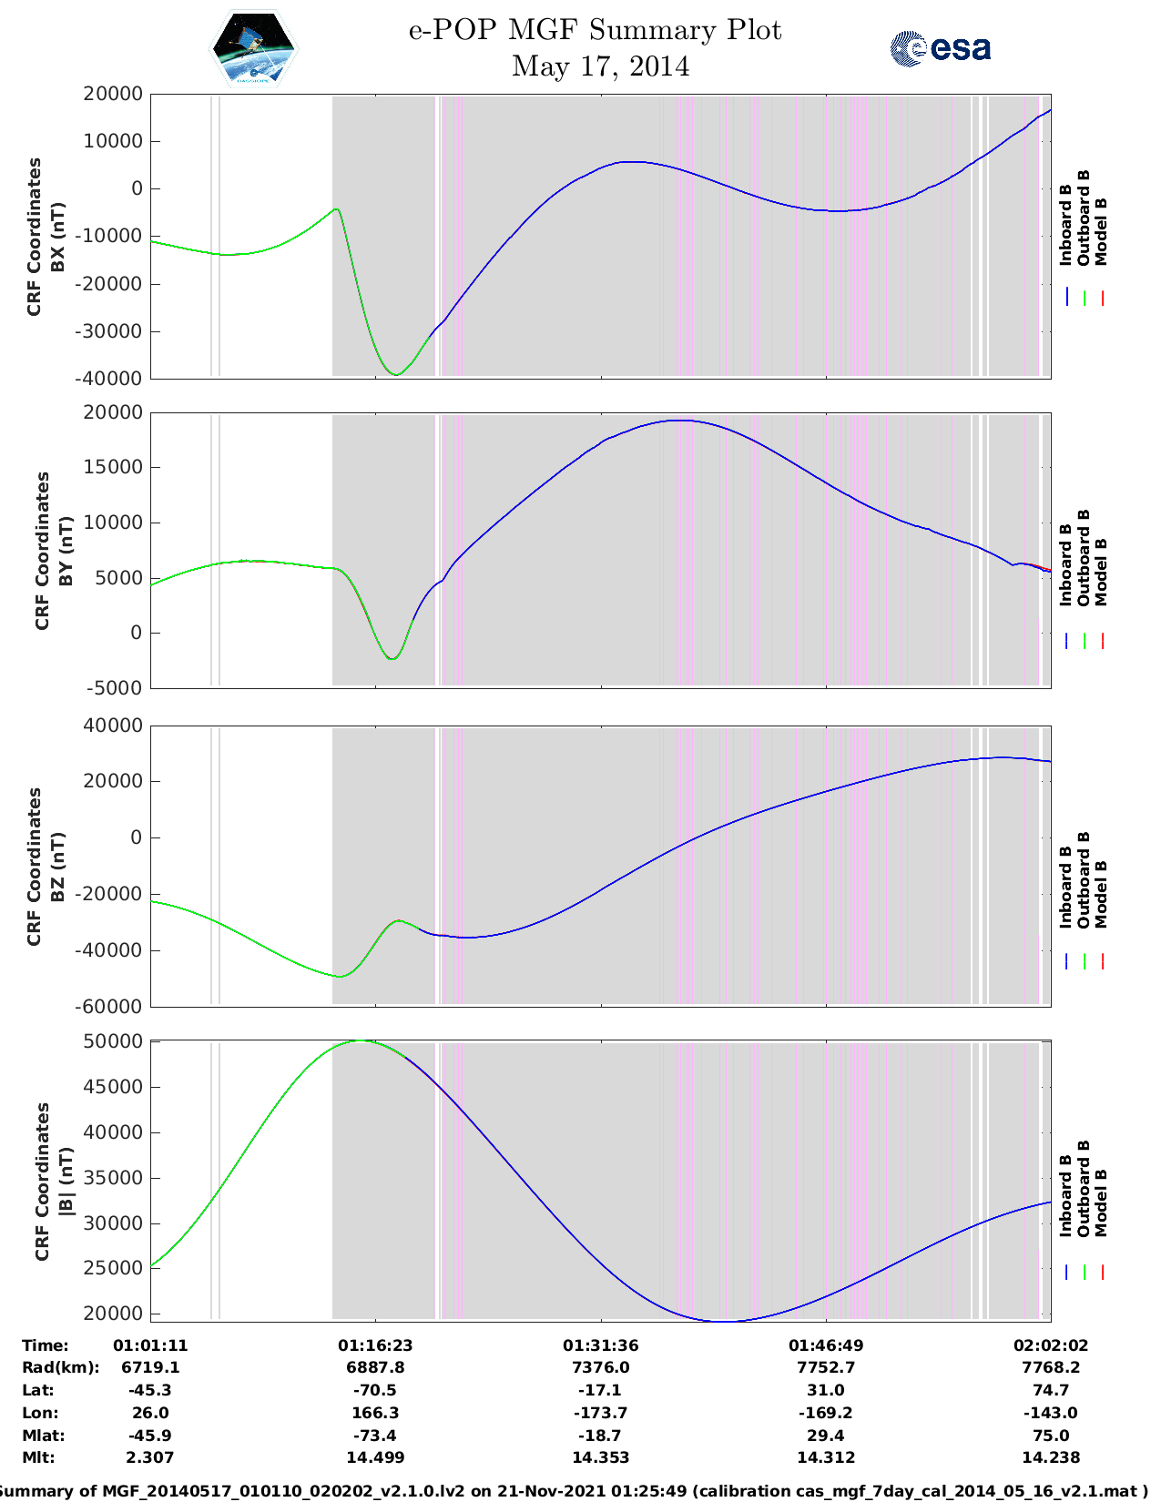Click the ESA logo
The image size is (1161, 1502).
coord(940,48)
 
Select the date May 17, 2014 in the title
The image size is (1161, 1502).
coord(600,66)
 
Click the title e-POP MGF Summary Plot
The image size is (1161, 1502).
coord(595,30)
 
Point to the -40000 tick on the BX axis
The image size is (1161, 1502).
coord(112,379)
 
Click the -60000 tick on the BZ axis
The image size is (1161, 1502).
coord(112,1007)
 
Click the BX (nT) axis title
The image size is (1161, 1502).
coord(57,237)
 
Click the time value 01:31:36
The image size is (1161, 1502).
coord(600,1345)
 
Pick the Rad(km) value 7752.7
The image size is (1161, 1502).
coord(826,1367)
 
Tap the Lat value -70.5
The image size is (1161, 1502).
coord(375,1390)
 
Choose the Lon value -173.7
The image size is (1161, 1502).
coord(600,1413)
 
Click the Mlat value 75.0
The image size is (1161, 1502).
coord(1051,1436)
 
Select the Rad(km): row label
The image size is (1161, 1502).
coord(60,1367)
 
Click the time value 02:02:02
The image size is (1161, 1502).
coord(1051,1345)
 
